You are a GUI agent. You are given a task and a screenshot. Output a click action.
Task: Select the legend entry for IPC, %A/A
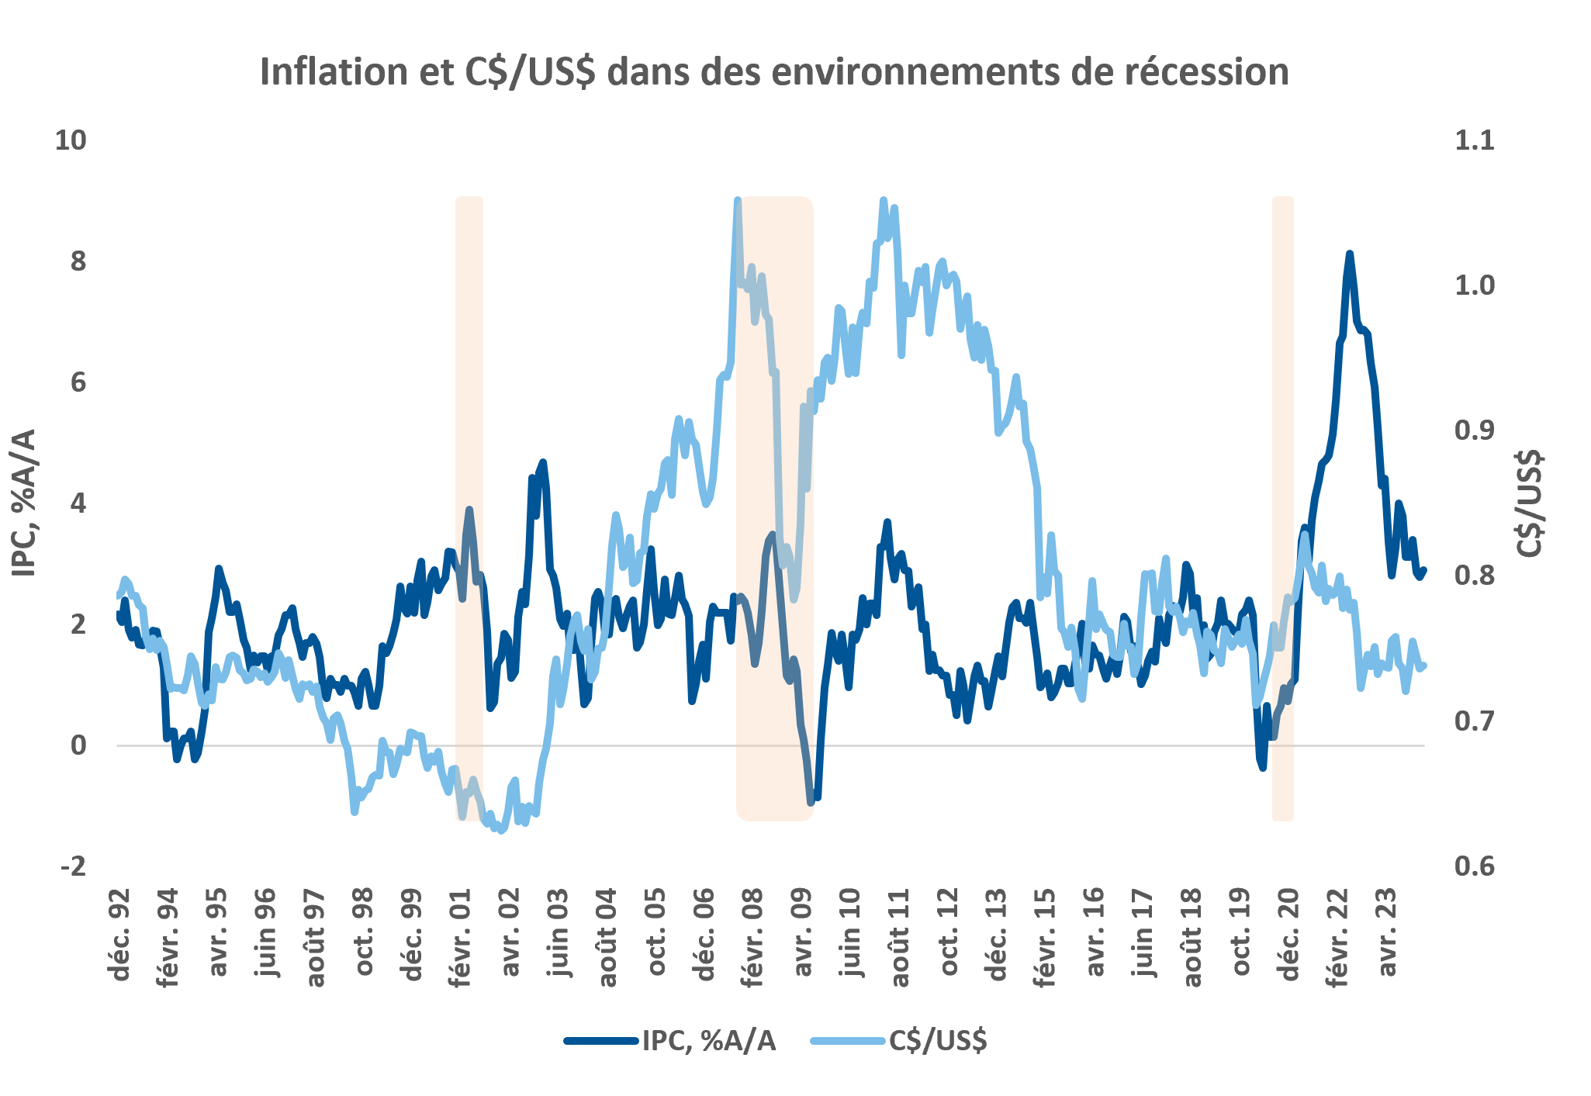[x=670, y=1040]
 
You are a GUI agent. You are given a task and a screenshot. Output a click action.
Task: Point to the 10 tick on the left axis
[x=70, y=140]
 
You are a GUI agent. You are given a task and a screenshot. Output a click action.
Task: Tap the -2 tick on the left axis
[x=73, y=866]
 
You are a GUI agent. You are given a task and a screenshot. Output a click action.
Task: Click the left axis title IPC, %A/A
[x=25, y=503]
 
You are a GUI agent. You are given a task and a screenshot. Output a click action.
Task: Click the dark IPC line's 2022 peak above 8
[x=1350, y=254]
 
